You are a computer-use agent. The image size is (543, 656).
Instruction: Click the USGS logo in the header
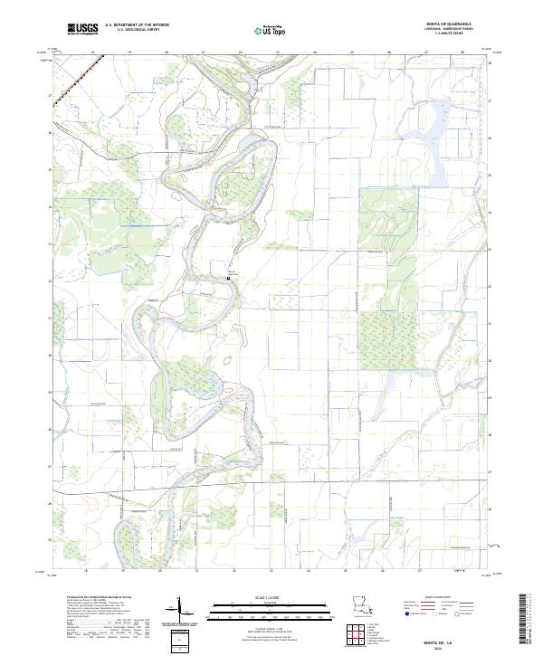pos(82,30)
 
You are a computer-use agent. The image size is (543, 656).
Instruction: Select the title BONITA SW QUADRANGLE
pos(443,24)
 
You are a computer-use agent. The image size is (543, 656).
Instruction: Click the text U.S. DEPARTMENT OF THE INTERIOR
pos(137,25)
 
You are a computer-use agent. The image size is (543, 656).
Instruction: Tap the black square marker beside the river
pos(228,279)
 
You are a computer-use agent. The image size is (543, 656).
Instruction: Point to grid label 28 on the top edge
pos(462,53)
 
